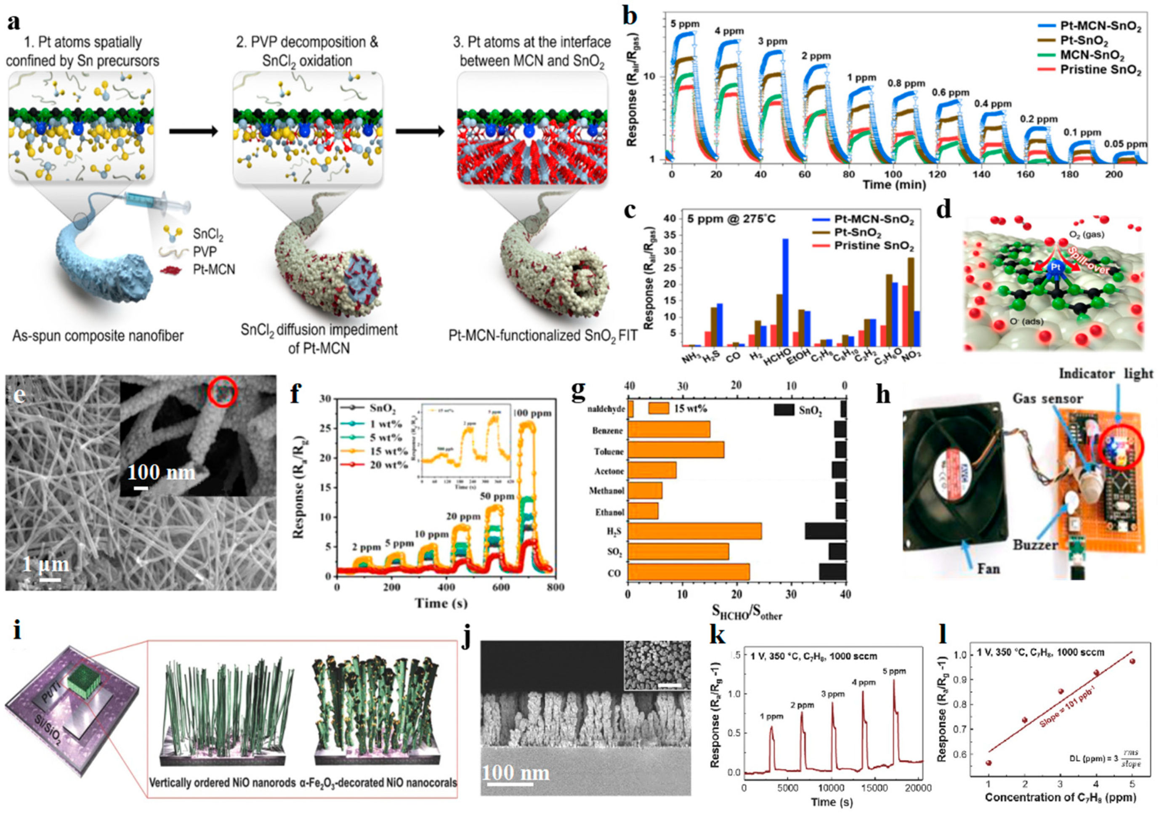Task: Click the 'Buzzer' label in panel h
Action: tap(1035, 545)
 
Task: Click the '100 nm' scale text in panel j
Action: tap(515, 773)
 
